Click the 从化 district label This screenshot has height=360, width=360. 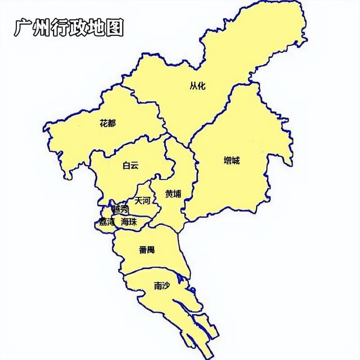coord(197,86)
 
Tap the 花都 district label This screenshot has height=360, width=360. coord(107,123)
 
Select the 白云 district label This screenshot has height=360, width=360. coord(130,165)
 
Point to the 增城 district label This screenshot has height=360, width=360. coord(231,160)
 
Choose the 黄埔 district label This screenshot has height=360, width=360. coord(173,194)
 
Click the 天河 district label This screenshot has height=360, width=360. coord(142,200)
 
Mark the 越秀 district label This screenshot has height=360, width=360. coord(120,209)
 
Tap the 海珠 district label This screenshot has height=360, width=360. coord(129,222)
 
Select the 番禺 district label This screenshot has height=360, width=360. coord(146,249)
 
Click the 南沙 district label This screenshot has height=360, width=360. coord(162,285)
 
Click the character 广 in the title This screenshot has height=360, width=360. coord(23,28)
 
